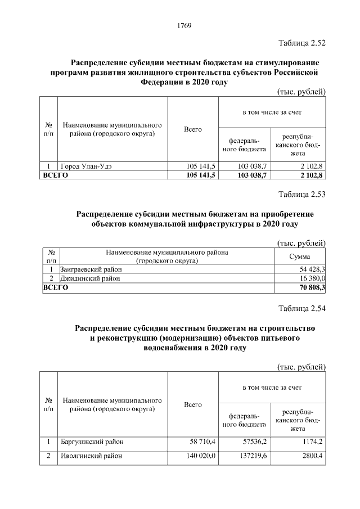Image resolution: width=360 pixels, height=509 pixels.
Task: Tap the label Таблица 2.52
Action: (x=302, y=43)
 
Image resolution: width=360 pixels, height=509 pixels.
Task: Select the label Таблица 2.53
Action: (x=302, y=195)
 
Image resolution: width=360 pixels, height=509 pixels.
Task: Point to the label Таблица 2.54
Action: (x=302, y=308)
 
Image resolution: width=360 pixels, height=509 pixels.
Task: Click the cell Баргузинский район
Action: (x=93, y=442)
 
